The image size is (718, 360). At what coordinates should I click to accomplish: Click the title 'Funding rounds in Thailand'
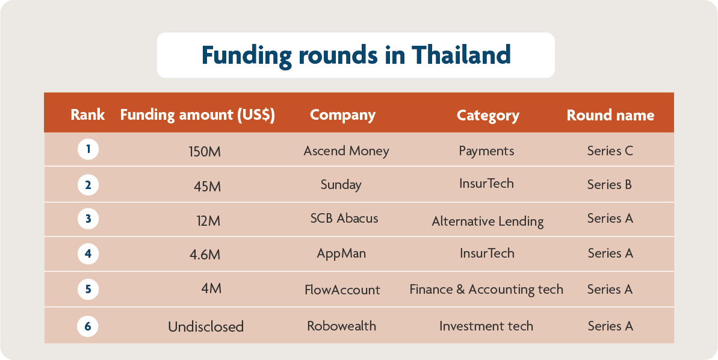click(356, 55)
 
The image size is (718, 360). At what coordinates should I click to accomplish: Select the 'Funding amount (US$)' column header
click(197, 115)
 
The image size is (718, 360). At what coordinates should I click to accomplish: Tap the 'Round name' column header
click(610, 115)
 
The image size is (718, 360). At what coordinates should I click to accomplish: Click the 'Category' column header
click(487, 115)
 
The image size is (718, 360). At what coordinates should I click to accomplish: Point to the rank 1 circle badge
click(88, 149)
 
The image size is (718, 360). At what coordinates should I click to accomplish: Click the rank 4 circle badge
click(88, 253)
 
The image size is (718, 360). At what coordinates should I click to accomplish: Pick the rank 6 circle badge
click(88, 326)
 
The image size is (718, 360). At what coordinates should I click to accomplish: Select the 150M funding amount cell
click(205, 152)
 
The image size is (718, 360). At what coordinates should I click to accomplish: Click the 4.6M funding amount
click(205, 255)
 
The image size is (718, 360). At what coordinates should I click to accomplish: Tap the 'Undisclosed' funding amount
click(206, 327)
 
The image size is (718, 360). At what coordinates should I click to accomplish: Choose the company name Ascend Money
click(346, 151)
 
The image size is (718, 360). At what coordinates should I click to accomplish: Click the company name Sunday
click(341, 185)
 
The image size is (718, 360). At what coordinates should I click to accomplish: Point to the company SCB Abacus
click(344, 218)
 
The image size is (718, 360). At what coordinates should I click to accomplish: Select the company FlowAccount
click(342, 290)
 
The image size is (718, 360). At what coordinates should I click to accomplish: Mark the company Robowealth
click(341, 326)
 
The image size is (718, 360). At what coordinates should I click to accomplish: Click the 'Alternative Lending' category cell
click(487, 222)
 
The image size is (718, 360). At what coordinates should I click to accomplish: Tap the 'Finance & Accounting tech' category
click(486, 290)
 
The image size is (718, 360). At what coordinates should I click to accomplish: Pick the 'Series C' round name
click(610, 151)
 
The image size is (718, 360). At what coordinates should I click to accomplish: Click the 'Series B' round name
click(610, 185)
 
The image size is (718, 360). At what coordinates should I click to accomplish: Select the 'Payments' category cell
click(486, 151)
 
